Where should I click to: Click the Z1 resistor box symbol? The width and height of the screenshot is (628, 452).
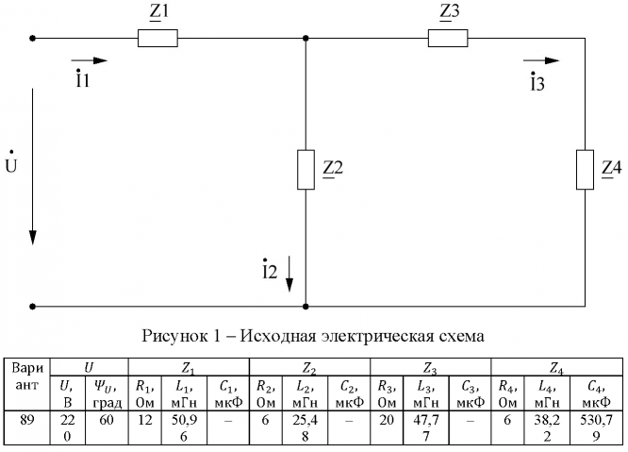click(x=157, y=39)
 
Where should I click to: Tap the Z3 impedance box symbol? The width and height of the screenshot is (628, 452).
click(x=447, y=39)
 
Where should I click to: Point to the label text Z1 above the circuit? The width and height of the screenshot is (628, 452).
click(x=157, y=13)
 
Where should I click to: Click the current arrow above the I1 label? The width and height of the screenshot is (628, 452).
click(x=90, y=60)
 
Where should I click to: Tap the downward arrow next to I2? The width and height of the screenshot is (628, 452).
click(x=290, y=274)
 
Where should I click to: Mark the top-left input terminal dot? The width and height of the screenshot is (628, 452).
click(x=34, y=39)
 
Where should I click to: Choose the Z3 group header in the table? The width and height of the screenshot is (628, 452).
click(x=431, y=365)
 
